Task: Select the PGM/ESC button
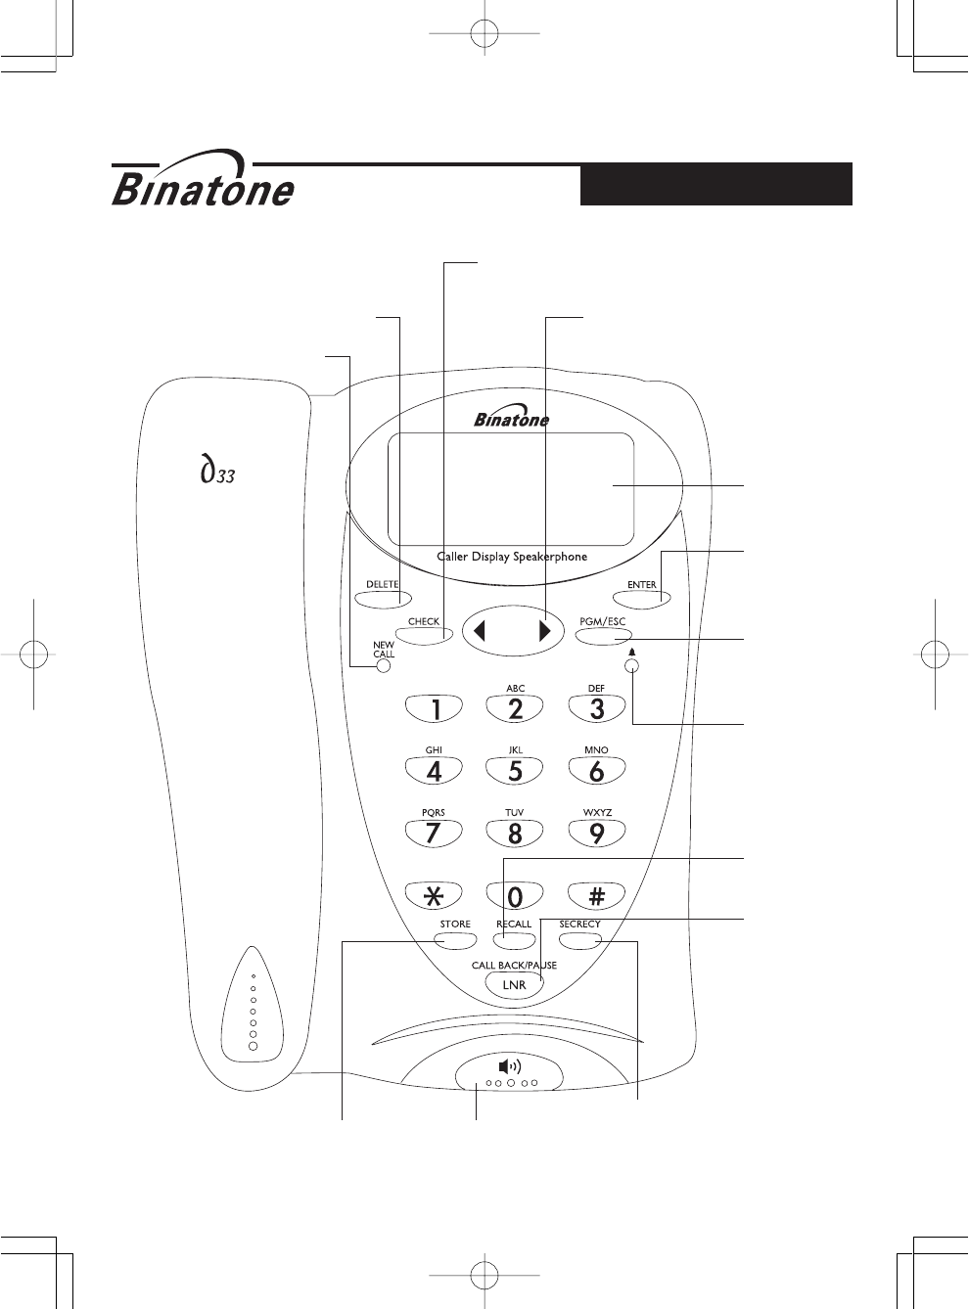coord(602,635)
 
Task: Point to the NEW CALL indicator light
coord(383,666)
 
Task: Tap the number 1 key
coord(434,709)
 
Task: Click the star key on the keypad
coord(434,896)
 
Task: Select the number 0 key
coord(515,896)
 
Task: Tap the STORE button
coord(455,941)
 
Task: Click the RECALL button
coord(514,941)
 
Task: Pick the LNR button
coord(515,984)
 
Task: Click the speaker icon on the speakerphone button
coord(510,1066)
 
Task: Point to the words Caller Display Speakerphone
coord(512,557)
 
